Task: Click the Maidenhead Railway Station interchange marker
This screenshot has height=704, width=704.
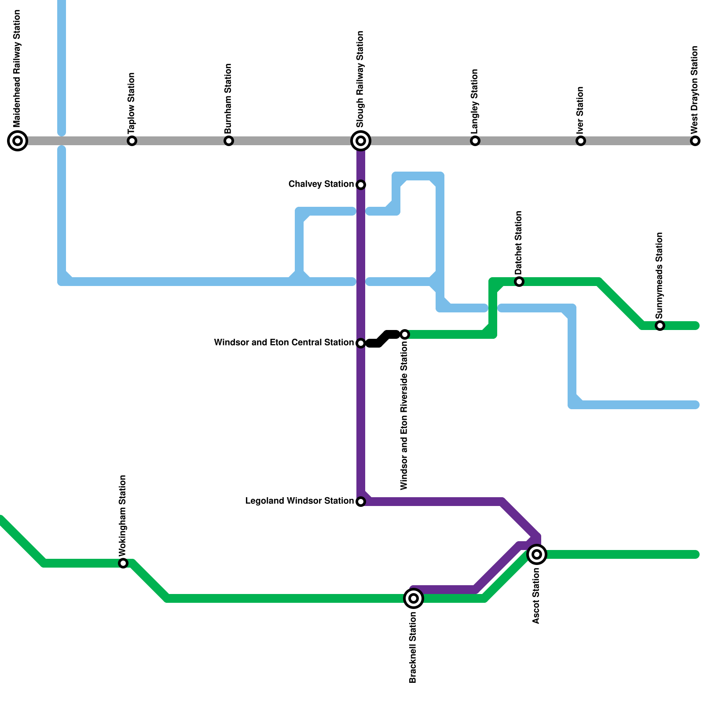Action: (18, 141)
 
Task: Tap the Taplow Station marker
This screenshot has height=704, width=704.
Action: (132, 141)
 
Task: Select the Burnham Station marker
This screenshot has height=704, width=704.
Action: (229, 141)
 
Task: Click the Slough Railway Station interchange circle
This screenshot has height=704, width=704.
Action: (361, 141)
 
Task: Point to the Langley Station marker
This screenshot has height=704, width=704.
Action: (475, 141)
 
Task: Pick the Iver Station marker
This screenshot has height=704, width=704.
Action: (581, 141)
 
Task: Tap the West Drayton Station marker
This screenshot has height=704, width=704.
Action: (695, 141)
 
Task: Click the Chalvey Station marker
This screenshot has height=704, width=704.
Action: (361, 185)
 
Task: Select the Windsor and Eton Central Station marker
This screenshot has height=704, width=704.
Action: (361, 343)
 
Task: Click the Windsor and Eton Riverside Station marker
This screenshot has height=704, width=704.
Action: (405, 334)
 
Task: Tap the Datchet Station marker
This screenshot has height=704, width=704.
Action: (519, 282)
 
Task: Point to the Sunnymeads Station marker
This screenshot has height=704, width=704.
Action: (660, 326)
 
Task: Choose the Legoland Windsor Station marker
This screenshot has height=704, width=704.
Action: (361, 502)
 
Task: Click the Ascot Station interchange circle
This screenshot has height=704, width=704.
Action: (537, 554)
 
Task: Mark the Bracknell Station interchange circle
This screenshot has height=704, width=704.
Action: (414, 598)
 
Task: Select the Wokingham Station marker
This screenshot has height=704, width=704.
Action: (123, 563)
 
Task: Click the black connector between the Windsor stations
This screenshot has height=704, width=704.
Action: (383, 339)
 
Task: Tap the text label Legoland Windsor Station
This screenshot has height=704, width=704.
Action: (299, 501)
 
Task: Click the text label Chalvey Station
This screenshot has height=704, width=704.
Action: (321, 184)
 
